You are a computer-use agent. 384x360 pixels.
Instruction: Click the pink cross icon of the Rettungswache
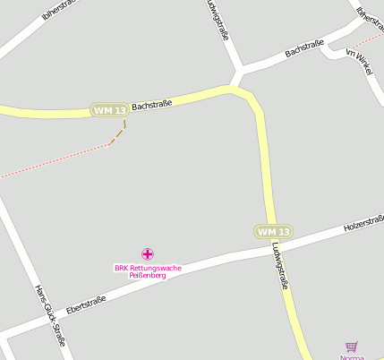(x=148, y=254)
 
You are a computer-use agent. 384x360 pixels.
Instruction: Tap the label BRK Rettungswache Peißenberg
(x=148, y=271)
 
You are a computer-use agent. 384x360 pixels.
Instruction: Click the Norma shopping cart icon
(x=351, y=347)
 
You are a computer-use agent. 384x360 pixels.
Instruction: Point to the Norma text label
(x=353, y=357)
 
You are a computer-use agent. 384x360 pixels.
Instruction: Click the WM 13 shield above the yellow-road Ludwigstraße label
(x=273, y=231)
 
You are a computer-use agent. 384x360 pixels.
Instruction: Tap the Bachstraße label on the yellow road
(x=151, y=105)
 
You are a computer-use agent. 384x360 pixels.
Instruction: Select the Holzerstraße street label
(x=363, y=223)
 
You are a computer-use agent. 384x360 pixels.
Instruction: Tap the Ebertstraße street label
(x=86, y=304)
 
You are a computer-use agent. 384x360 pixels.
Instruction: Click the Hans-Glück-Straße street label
(x=50, y=315)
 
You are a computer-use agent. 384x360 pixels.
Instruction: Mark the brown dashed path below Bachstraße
(x=118, y=134)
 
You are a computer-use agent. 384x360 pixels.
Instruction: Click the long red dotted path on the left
(x=54, y=161)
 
